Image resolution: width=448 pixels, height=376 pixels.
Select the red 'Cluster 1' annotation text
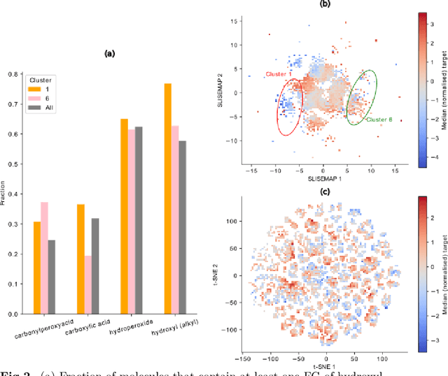279,74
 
